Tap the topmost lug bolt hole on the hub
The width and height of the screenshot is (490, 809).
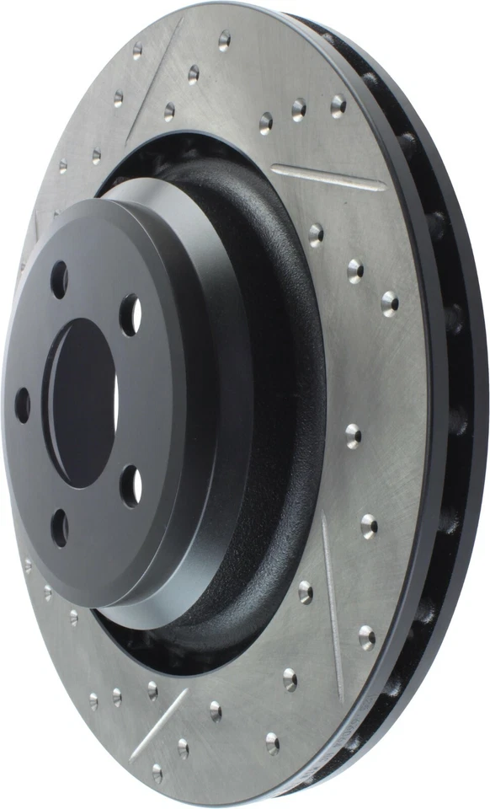point(59,278)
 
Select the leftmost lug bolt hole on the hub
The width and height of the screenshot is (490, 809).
point(22,404)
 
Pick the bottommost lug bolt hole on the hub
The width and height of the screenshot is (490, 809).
point(60,528)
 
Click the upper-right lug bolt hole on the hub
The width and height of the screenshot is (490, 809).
point(130,314)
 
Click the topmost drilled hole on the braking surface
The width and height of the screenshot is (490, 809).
point(225,38)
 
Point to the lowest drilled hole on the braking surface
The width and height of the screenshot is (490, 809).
point(157,771)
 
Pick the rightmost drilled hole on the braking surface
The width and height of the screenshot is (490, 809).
point(390,303)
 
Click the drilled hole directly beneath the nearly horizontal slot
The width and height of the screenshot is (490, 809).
point(316,233)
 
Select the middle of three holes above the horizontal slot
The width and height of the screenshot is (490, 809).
point(299,110)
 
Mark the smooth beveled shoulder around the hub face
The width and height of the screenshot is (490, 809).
point(210,404)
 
